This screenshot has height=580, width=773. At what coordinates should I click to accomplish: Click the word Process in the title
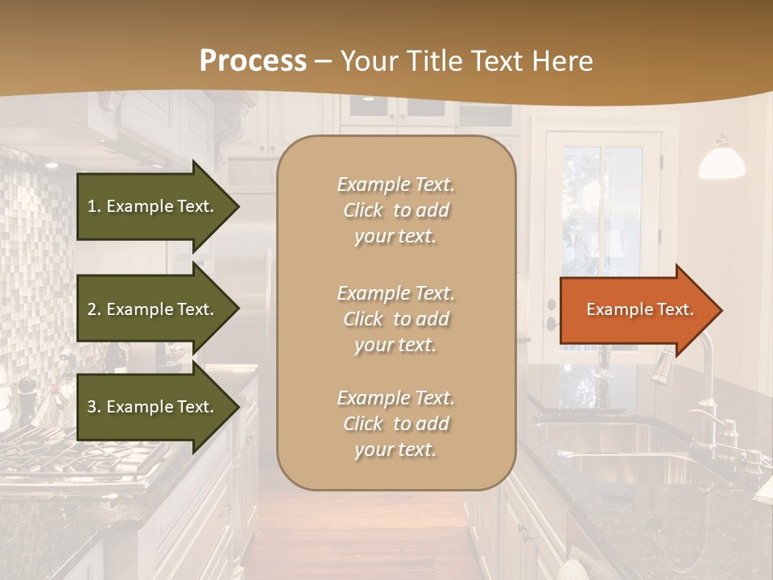coord(253,60)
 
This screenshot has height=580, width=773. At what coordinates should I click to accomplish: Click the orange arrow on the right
coord(636,309)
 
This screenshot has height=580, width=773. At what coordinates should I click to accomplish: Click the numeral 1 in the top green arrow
coord(92,206)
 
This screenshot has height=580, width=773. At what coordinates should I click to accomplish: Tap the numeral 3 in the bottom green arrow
coord(92,407)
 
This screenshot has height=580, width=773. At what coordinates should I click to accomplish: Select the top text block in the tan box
coord(395,210)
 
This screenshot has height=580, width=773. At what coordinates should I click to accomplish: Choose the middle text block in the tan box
coord(395,319)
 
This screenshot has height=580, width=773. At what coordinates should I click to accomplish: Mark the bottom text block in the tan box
coord(395,424)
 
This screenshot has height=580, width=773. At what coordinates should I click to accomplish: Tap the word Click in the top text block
coord(363,210)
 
